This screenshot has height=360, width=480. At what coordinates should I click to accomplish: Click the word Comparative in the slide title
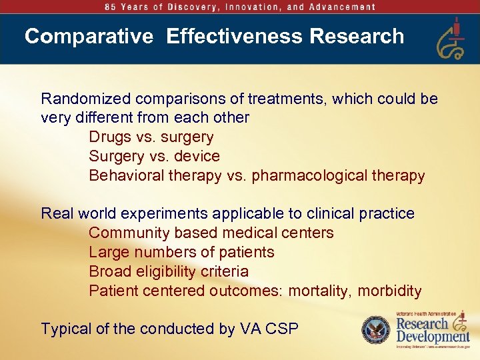coord(89,36)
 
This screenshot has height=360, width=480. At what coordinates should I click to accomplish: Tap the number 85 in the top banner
coord(111,7)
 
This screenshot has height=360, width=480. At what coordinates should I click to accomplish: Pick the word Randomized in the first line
coord(86,99)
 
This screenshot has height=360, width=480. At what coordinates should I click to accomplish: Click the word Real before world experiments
coord(57,214)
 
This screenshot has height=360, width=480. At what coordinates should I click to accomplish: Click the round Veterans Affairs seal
coord(375,330)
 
